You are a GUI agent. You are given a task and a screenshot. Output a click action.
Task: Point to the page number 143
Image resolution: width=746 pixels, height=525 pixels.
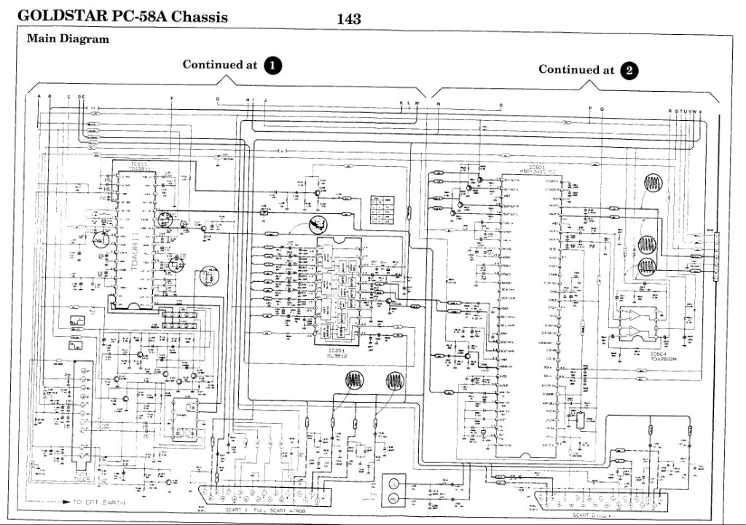click(x=349, y=20)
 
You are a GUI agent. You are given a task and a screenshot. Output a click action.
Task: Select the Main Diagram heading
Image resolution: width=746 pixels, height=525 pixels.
click(x=68, y=39)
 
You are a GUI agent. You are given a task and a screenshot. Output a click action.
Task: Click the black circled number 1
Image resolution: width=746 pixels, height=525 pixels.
click(x=272, y=65)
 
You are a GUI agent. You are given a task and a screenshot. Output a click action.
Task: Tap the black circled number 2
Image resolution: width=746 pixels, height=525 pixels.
click(x=628, y=71)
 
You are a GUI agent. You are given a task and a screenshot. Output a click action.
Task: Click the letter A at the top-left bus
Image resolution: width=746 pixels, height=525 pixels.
click(x=39, y=97)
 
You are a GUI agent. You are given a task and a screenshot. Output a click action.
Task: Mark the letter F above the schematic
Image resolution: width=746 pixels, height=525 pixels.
click(x=172, y=98)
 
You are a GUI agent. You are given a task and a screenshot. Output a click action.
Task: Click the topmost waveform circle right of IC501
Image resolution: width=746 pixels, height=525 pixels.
click(x=653, y=183)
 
